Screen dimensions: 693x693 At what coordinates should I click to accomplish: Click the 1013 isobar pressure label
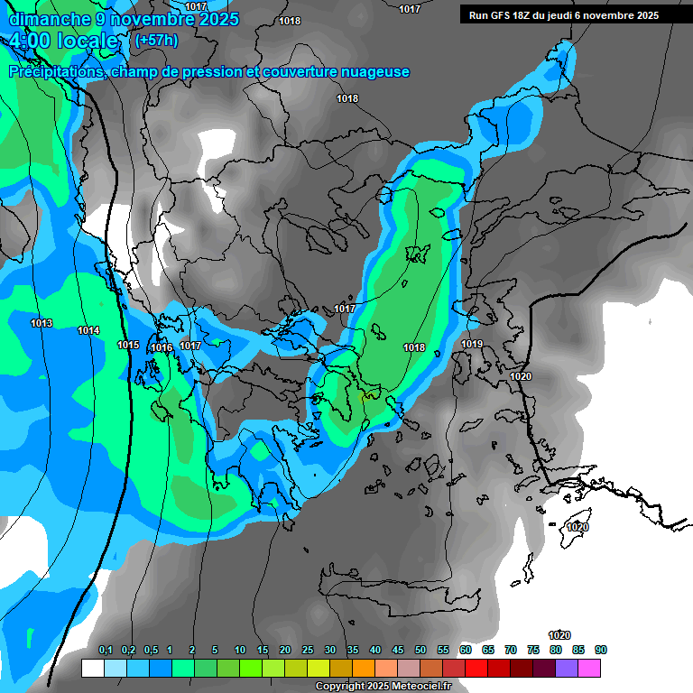tap(42, 324)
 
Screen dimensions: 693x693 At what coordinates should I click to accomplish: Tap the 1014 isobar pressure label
tap(88, 331)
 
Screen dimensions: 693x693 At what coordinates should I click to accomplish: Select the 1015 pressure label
tap(128, 346)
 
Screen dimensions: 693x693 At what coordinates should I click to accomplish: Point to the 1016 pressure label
tap(162, 348)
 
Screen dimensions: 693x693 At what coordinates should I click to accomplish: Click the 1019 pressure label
tap(472, 345)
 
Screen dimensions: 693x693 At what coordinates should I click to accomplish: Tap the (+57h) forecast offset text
tap(156, 41)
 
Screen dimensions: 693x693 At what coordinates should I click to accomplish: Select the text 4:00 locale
tap(65, 42)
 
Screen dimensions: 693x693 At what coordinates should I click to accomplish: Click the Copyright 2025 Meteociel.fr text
tap(382, 686)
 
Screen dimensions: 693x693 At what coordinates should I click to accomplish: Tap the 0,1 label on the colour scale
tap(105, 651)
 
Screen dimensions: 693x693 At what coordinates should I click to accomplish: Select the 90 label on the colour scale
tap(601, 651)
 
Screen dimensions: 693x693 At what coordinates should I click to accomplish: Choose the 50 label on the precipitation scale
tap(420, 651)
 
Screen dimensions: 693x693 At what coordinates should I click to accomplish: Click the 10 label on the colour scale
tap(240, 651)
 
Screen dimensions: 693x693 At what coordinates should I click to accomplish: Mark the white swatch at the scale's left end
tap(92, 669)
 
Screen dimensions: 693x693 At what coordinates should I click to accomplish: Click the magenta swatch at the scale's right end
tap(589, 669)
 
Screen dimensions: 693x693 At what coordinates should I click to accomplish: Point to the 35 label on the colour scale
tap(353, 651)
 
